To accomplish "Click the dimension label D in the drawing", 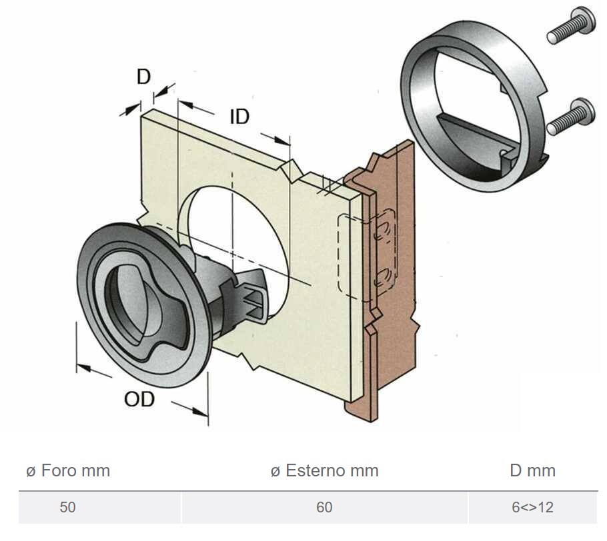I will click(144, 77).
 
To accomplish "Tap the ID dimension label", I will click(239, 117).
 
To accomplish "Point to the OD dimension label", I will click(139, 399).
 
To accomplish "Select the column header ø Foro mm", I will click(68, 471).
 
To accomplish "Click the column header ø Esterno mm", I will click(325, 471).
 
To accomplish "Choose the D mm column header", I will click(532, 471).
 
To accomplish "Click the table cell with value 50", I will click(68, 507).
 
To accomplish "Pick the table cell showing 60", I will click(324, 507).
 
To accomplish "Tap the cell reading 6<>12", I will click(532, 507).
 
